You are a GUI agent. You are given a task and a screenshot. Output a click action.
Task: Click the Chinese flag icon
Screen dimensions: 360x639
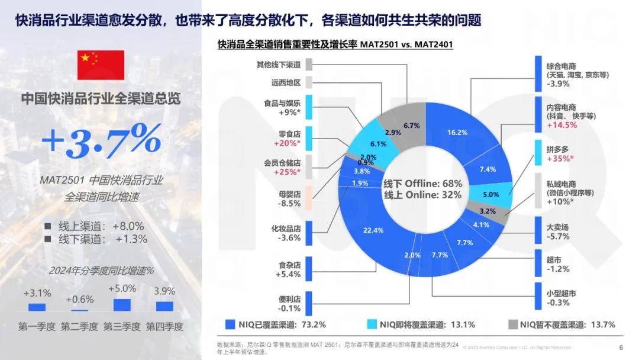pyautogui.click(x=101, y=65)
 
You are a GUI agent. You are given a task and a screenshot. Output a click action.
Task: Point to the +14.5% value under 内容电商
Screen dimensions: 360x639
pyautogui.click(x=562, y=126)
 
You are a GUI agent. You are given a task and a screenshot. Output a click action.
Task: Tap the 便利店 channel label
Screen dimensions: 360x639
pyautogui.click(x=289, y=299)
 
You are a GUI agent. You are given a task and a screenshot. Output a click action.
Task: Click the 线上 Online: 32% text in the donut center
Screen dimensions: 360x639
pyautogui.click(x=422, y=194)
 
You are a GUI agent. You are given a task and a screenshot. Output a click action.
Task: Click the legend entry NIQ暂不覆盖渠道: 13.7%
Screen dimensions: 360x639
pyautogui.click(x=567, y=324)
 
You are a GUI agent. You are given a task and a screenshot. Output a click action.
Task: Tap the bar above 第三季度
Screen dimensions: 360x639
pyautogui.click(x=122, y=305)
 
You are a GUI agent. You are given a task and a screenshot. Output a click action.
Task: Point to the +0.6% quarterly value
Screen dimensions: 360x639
pyautogui.click(x=79, y=299)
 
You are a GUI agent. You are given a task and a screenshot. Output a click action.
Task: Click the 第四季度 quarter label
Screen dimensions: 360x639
pyautogui.click(x=164, y=326)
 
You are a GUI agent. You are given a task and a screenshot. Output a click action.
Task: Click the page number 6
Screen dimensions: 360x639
pyautogui.click(x=621, y=348)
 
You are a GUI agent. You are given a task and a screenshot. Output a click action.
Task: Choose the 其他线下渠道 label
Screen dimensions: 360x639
pyautogui.click(x=278, y=65)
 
